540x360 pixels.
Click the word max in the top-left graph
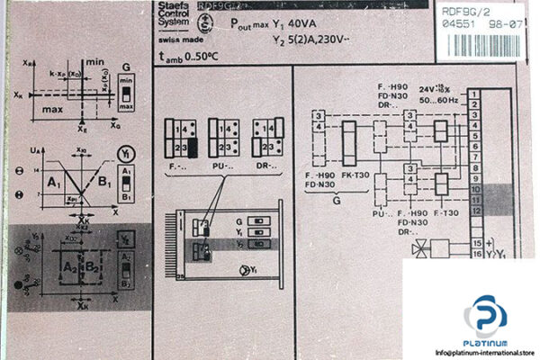(x=51, y=111)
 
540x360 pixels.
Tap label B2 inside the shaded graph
(x=92, y=266)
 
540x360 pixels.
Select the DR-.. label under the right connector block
(x=266, y=165)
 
